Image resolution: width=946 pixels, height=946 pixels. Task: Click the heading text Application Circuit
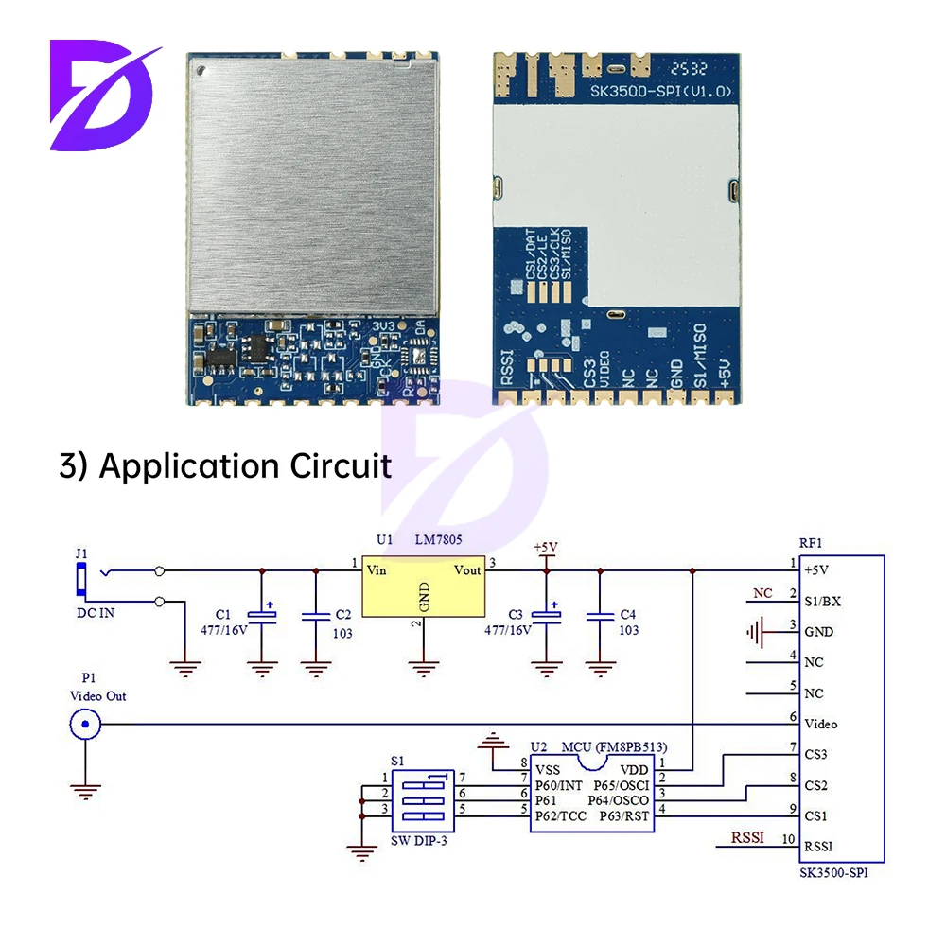tap(246, 465)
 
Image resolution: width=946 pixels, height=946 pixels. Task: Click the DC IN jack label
tap(95, 613)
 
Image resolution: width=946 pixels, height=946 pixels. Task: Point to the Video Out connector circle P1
tap(85, 726)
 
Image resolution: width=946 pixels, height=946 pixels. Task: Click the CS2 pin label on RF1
tap(815, 785)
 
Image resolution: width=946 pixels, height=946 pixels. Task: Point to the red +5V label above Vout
tap(546, 548)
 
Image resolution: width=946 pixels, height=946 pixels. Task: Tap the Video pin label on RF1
tap(821, 725)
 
